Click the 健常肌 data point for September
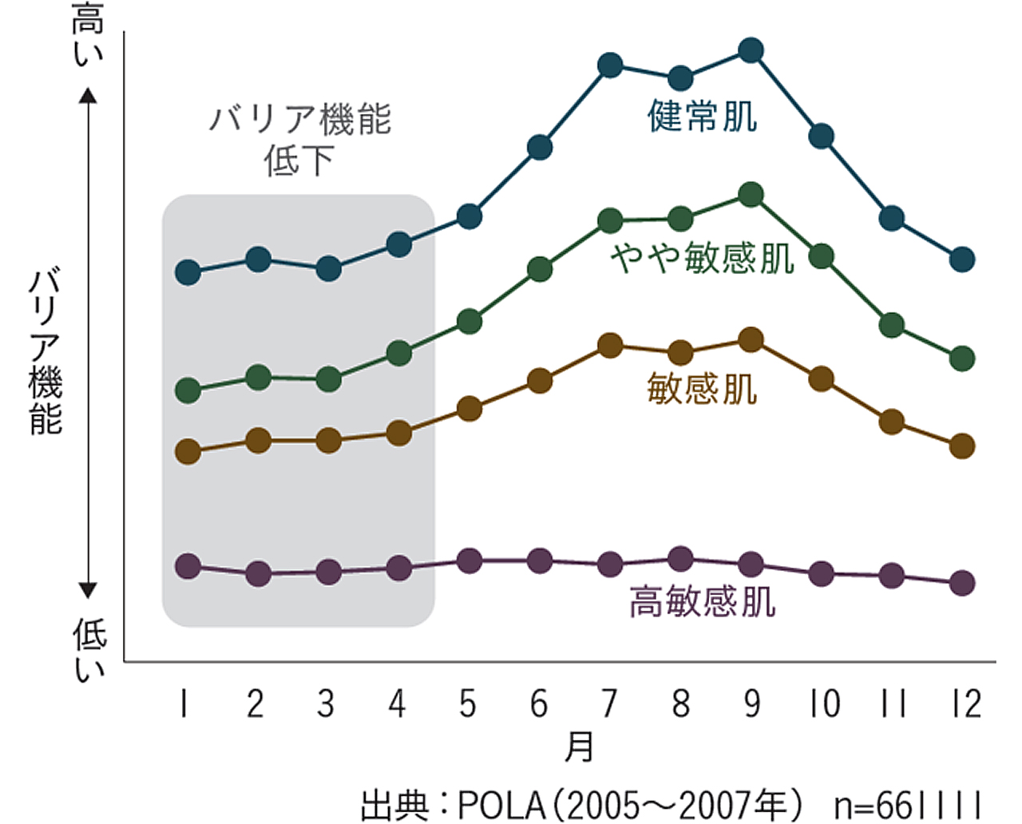coord(751,51)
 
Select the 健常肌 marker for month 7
coord(610,65)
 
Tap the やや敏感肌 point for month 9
coord(751,195)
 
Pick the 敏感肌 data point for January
coord(188,452)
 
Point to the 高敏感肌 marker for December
coord(962,583)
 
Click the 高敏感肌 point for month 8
coord(680,559)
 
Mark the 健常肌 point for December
coord(962,259)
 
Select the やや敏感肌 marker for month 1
coord(188,390)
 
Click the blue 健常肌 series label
coord(702,117)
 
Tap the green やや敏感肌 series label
coord(702,258)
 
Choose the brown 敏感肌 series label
coord(702,389)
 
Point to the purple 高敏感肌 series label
coord(702,601)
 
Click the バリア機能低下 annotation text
coord(299,140)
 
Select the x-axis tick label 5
coord(468,704)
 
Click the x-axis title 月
coord(579,747)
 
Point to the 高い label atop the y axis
coord(88,34)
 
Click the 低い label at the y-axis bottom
coord(89,649)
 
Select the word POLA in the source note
coord(502,806)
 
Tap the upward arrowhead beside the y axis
coord(88,96)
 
